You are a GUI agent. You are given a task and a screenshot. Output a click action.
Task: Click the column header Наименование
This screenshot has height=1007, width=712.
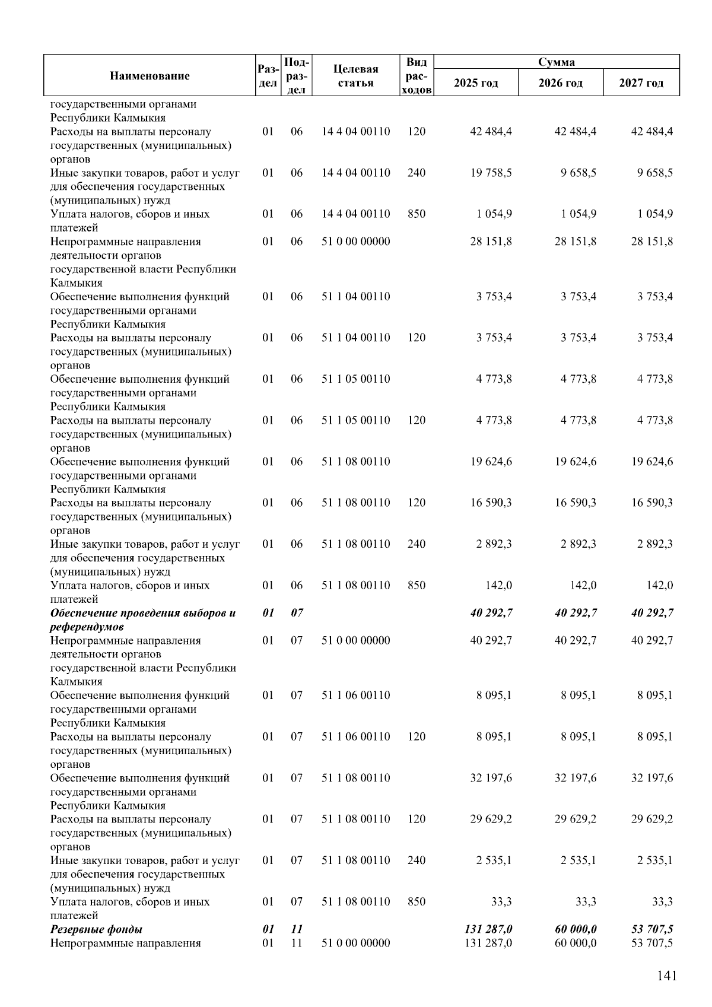150,75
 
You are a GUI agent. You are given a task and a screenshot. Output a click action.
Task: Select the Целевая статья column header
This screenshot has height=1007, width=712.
355,75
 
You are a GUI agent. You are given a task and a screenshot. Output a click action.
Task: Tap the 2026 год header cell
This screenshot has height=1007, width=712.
560,82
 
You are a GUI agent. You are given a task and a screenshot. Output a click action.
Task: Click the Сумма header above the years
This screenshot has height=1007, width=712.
556,62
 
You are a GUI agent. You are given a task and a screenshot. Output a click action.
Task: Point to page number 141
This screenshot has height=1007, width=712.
666,976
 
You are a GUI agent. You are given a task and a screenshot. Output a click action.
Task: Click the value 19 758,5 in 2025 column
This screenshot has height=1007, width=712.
491,173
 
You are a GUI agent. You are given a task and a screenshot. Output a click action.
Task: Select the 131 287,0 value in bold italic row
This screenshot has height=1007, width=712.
488,929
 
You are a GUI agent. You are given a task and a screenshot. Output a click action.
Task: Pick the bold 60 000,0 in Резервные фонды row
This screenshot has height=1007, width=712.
576,929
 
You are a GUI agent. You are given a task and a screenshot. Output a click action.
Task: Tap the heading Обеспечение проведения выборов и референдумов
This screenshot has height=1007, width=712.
142,620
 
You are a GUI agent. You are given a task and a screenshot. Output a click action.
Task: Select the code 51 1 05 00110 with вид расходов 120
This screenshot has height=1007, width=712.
355,420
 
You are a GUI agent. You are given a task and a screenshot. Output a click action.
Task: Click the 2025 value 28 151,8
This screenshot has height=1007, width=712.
491,242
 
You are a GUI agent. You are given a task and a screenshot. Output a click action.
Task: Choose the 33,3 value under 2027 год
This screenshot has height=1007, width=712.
662,901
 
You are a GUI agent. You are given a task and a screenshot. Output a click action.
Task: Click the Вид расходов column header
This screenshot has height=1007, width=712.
417,75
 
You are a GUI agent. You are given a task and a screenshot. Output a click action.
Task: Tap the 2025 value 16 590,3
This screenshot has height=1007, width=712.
491,503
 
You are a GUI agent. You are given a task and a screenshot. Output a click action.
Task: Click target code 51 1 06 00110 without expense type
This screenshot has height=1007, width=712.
355,695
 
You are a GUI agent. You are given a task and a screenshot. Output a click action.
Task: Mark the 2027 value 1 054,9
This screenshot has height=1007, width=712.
654,214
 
